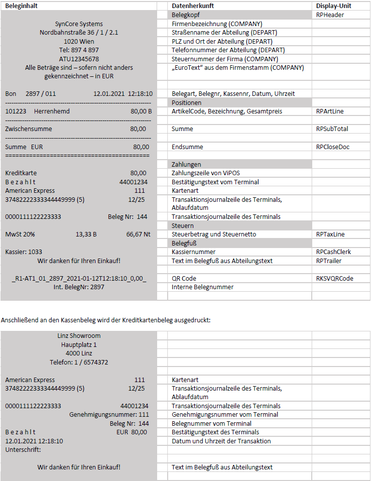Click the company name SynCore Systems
coord(79,24)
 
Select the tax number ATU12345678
coord(79,59)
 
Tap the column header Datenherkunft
coord(193,6)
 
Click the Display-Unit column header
coord(333,6)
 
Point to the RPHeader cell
coord(330,15)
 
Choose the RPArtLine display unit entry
coord(330,111)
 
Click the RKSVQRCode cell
coord(334,278)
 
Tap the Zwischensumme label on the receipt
coord(29,129)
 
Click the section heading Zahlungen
coord(186,164)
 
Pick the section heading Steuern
coord(183,225)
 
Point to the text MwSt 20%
coord(20,234)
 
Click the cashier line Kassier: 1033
coord(24,252)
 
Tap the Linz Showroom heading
coord(79,336)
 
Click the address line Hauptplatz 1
coord(79,345)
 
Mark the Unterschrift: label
coord(23,449)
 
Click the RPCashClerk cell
coord(333,252)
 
